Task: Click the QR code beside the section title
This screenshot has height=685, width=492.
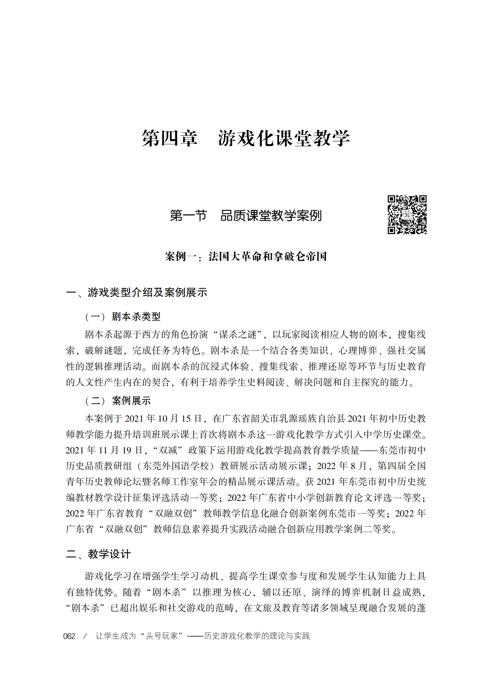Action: pos(407,215)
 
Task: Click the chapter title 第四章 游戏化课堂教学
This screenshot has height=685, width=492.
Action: pos(246,138)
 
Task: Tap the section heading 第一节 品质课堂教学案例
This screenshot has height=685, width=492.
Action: pos(246,216)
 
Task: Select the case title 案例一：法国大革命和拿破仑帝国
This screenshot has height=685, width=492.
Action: pos(246,256)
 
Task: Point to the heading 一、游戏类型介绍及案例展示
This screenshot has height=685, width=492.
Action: pos(137,292)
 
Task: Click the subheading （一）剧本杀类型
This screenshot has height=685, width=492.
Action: pos(123,316)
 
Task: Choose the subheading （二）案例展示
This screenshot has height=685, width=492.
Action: pos(118,400)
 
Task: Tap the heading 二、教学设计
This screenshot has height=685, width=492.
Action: pos(98,554)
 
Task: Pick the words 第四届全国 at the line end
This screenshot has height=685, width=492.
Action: pos(401,466)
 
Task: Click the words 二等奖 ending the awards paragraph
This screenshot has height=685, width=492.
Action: pos(381,529)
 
